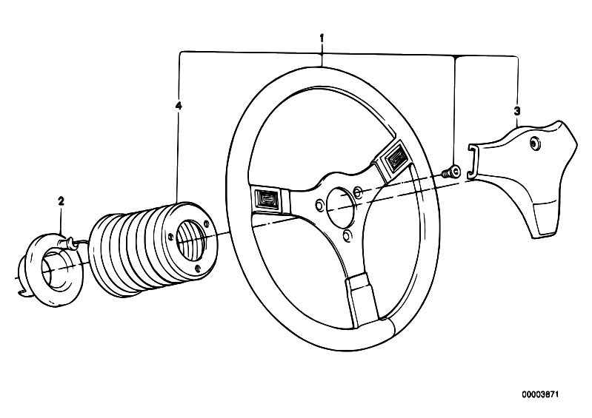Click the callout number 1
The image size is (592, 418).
tap(322, 38)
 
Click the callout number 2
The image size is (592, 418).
tap(61, 201)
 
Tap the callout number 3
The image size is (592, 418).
tap(517, 111)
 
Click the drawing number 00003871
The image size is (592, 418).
tap(540, 394)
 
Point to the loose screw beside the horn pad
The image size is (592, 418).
tap(450, 172)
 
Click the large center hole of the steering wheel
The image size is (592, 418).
tap(341, 204)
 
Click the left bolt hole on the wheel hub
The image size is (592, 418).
tap(319, 206)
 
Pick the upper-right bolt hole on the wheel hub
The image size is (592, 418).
tap(358, 192)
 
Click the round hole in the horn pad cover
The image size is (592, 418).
tap(534, 144)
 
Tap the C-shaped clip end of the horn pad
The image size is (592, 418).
tap(472, 162)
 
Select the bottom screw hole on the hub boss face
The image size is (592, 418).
tap(199, 269)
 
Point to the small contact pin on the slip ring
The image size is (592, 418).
tap(68, 242)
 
